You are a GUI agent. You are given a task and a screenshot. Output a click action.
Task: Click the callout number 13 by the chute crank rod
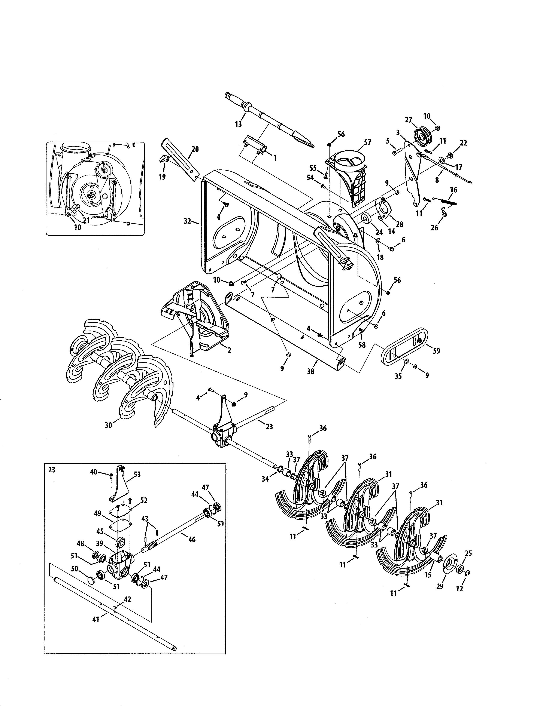(238, 124)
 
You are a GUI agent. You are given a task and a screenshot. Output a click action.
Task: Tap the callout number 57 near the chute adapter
(367, 142)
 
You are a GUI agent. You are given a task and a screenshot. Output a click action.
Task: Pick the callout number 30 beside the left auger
(108, 425)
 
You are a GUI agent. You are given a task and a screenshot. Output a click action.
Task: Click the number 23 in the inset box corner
(52, 470)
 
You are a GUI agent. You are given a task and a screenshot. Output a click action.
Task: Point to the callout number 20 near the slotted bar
(195, 149)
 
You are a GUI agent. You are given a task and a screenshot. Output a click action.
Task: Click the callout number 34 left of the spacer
(265, 479)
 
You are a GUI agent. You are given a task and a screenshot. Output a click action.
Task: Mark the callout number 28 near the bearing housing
(400, 224)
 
